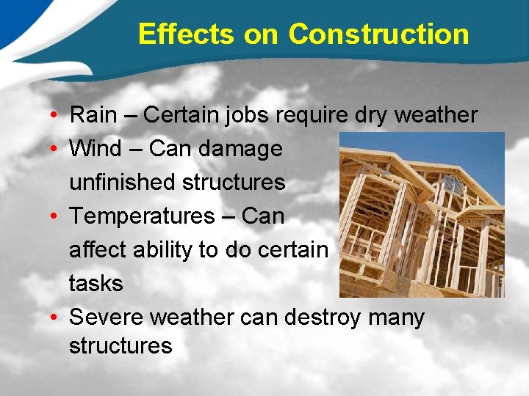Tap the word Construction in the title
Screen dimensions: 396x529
pos(378,34)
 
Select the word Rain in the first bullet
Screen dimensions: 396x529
pos(93,115)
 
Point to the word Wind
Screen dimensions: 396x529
pos(96,149)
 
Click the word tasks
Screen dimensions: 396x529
pos(96,283)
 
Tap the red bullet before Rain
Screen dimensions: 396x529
pos(55,116)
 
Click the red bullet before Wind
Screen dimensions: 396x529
pos(55,150)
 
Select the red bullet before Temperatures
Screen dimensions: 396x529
pos(55,217)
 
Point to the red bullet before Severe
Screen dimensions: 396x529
pos(55,318)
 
